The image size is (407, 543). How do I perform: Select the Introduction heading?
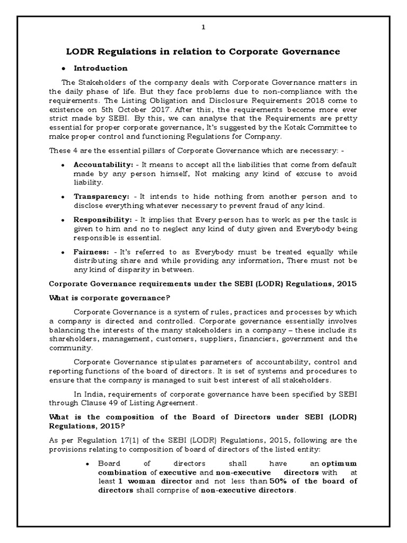point(100,68)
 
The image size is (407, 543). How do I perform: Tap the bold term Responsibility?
point(103,218)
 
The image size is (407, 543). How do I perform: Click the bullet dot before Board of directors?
point(87,463)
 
